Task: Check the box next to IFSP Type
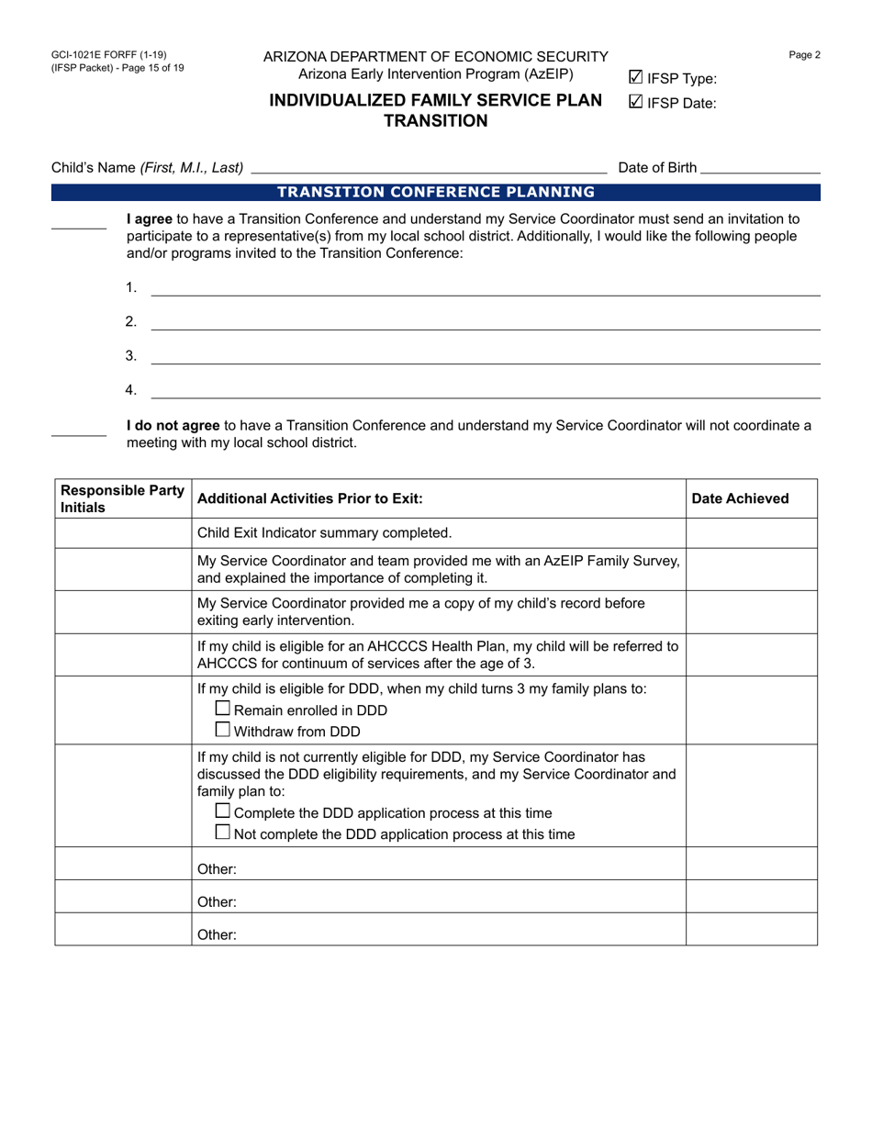pos(635,78)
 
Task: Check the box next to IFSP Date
pos(635,103)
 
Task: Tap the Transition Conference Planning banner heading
pos(435,192)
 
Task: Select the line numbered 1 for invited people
pos(485,289)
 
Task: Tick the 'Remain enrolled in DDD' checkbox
pos(223,710)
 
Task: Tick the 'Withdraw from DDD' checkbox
pos(223,731)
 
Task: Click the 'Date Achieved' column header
pos(740,498)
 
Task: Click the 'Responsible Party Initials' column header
pos(122,498)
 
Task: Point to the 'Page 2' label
pos(804,55)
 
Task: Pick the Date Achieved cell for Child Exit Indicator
pos(751,532)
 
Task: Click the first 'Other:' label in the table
pos(217,868)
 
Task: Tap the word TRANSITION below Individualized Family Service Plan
pos(435,120)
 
